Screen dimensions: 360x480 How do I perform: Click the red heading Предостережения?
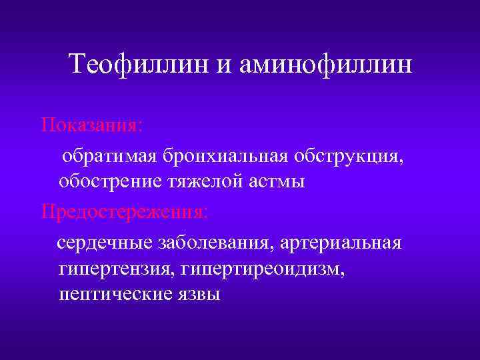tap(124, 213)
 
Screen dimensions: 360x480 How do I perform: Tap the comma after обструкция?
tap(401, 161)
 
